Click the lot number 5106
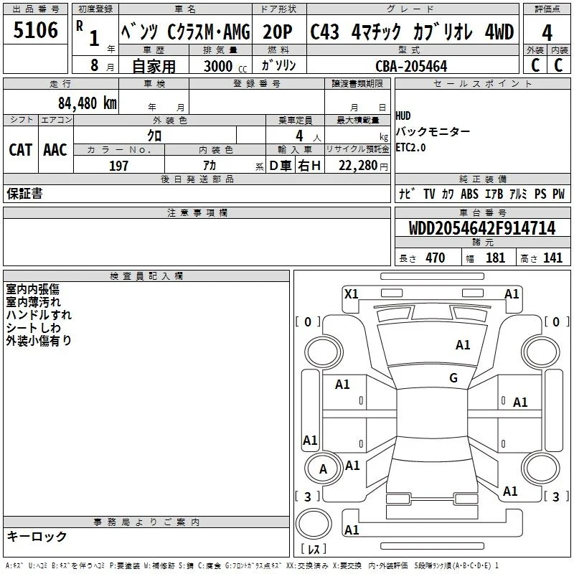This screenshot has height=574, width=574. (x=35, y=30)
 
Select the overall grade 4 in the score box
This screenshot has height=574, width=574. (x=547, y=33)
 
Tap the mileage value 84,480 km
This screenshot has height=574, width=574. (x=87, y=103)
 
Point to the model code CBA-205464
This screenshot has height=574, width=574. (x=411, y=66)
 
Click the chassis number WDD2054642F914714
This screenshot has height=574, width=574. (x=481, y=228)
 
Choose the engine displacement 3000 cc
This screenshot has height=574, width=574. (x=225, y=66)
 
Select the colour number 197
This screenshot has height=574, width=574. (x=118, y=166)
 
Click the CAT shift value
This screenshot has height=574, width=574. (x=21, y=150)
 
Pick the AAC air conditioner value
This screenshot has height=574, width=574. (x=55, y=150)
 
